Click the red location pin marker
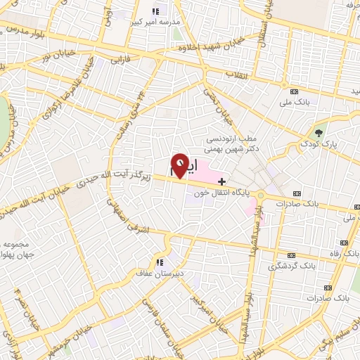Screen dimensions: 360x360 point(180,165)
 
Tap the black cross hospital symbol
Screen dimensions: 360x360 point(222,181)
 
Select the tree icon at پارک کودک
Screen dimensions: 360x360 point(319,132)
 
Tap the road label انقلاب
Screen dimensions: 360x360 point(230,72)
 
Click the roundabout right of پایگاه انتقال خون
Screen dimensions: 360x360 point(262,195)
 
